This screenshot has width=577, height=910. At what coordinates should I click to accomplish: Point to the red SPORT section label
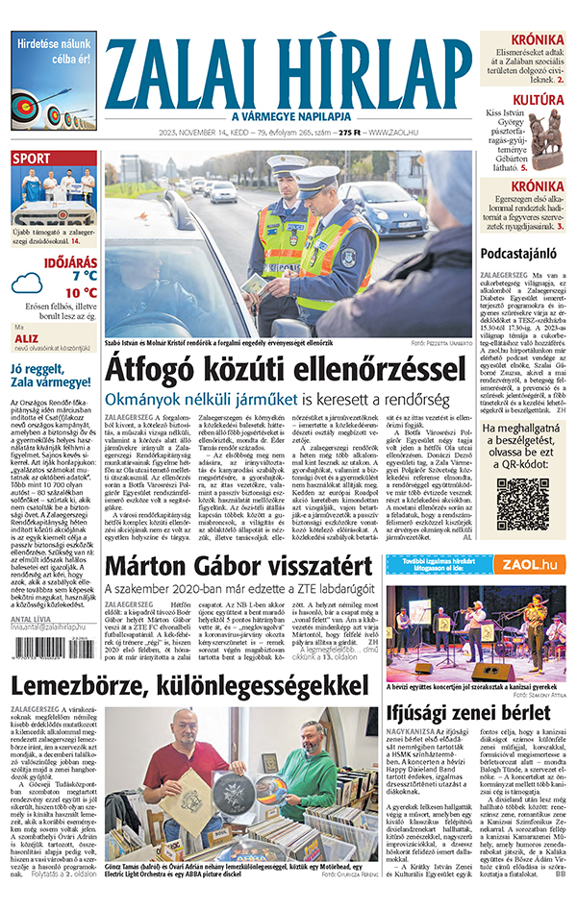point(32,159)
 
